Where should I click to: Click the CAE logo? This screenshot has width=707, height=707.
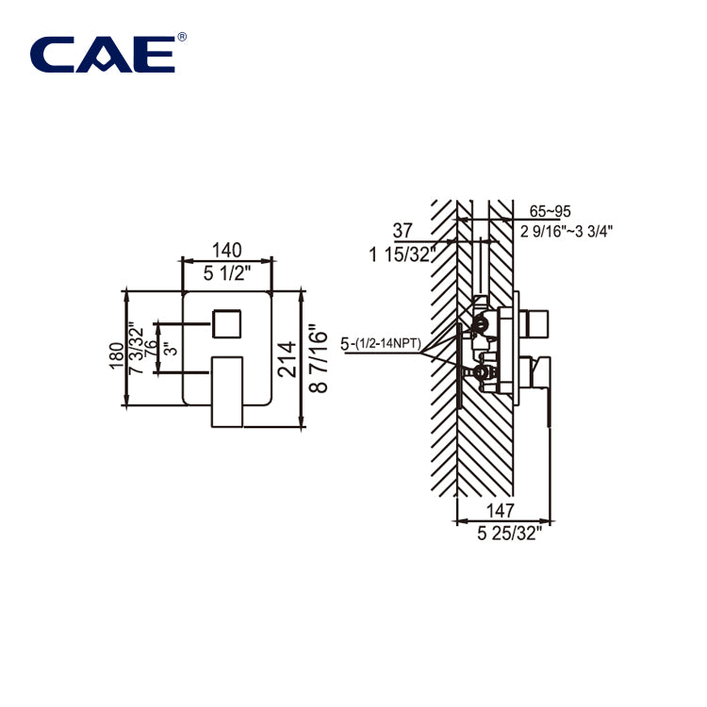click(x=103, y=54)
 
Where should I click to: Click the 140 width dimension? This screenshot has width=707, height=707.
click(x=227, y=250)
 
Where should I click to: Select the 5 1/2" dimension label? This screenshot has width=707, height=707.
click(x=227, y=273)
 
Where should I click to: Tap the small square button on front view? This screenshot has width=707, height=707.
click(x=226, y=323)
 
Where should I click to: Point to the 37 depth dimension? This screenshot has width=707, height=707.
click(x=403, y=230)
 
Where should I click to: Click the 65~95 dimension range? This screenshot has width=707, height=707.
click(x=551, y=212)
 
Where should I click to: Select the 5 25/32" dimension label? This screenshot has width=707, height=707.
click(x=510, y=534)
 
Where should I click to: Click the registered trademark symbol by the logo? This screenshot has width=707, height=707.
click(x=182, y=37)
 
